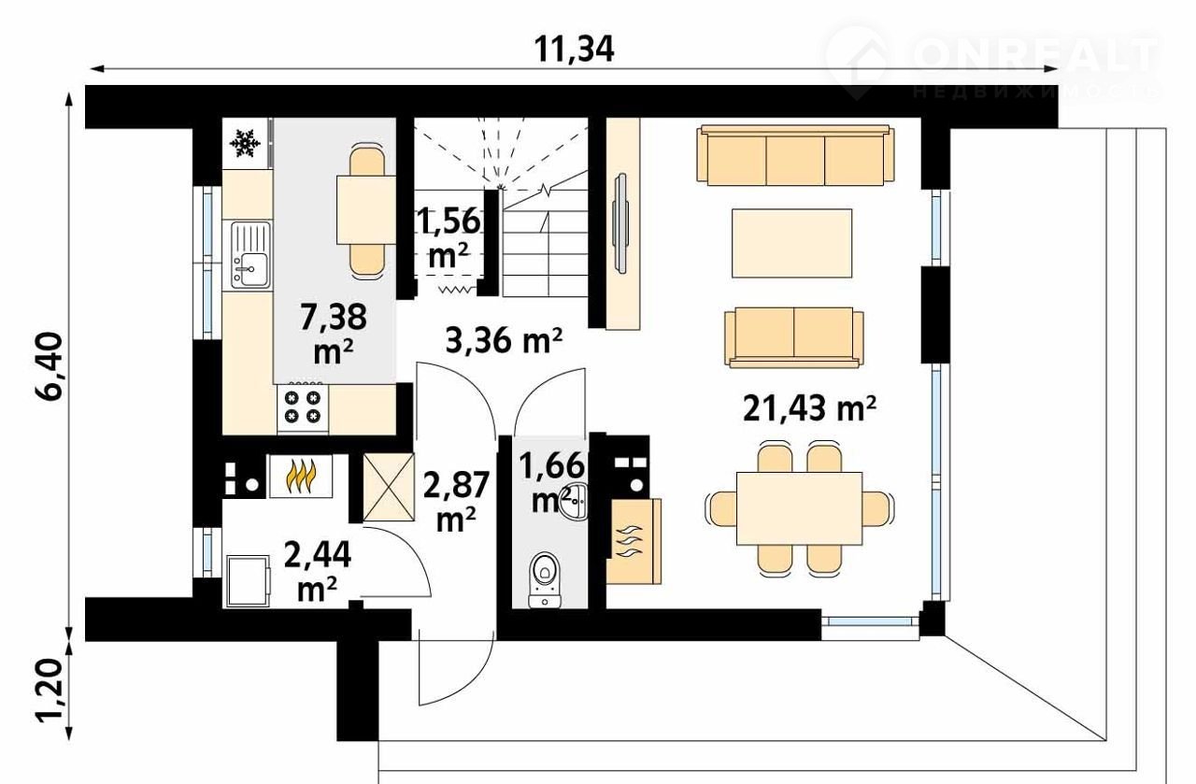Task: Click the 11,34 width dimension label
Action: point(574,50)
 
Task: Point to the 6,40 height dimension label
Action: point(50,365)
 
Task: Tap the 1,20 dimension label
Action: point(50,691)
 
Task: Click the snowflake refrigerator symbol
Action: point(245,143)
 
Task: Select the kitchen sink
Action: point(250,255)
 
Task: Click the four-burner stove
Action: point(302,407)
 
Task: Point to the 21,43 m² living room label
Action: point(809,408)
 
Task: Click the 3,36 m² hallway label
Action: point(504,341)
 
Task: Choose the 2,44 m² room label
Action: point(317,570)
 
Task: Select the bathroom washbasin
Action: point(574,502)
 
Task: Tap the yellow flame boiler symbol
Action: point(301,476)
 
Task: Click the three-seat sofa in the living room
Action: point(795,155)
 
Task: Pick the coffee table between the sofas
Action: point(791,243)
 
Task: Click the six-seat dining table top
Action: point(799,508)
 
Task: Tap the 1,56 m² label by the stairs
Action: point(448,238)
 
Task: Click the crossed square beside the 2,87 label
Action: point(389,487)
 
